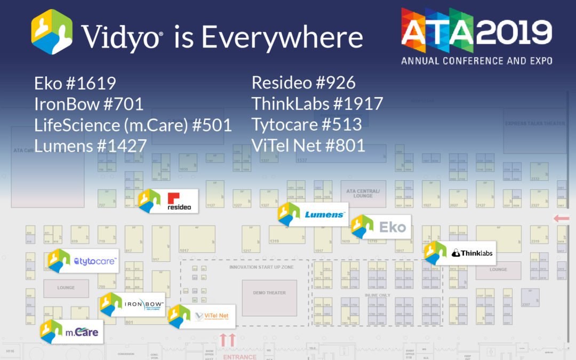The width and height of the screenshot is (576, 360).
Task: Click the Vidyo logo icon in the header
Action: [x=52, y=36]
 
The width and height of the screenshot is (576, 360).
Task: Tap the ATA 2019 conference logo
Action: [x=476, y=36]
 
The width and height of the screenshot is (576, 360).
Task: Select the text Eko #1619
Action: [x=75, y=83]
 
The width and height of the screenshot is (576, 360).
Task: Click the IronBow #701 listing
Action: [x=89, y=104]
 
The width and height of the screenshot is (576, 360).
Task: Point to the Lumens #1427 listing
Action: [x=90, y=145]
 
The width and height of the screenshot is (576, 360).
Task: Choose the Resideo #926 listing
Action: [x=303, y=83]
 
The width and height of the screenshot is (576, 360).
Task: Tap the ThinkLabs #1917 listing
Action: [x=317, y=104]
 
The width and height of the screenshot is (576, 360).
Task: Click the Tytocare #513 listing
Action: [x=307, y=124]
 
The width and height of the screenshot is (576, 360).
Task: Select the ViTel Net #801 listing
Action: [x=308, y=145]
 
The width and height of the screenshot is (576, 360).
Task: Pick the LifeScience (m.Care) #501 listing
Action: [x=133, y=125]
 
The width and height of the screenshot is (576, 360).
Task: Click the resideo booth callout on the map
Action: [x=168, y=201]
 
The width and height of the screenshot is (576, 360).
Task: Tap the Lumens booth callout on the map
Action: [x=314, y=215]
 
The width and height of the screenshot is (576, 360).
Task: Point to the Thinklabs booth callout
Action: [x=460, y=253]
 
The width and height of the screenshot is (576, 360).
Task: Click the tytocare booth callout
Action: [x=83, y=261]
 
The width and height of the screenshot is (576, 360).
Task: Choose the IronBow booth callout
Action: [x=131, y=305]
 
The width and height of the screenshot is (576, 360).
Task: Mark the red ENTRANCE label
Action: [x=236, y=356]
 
